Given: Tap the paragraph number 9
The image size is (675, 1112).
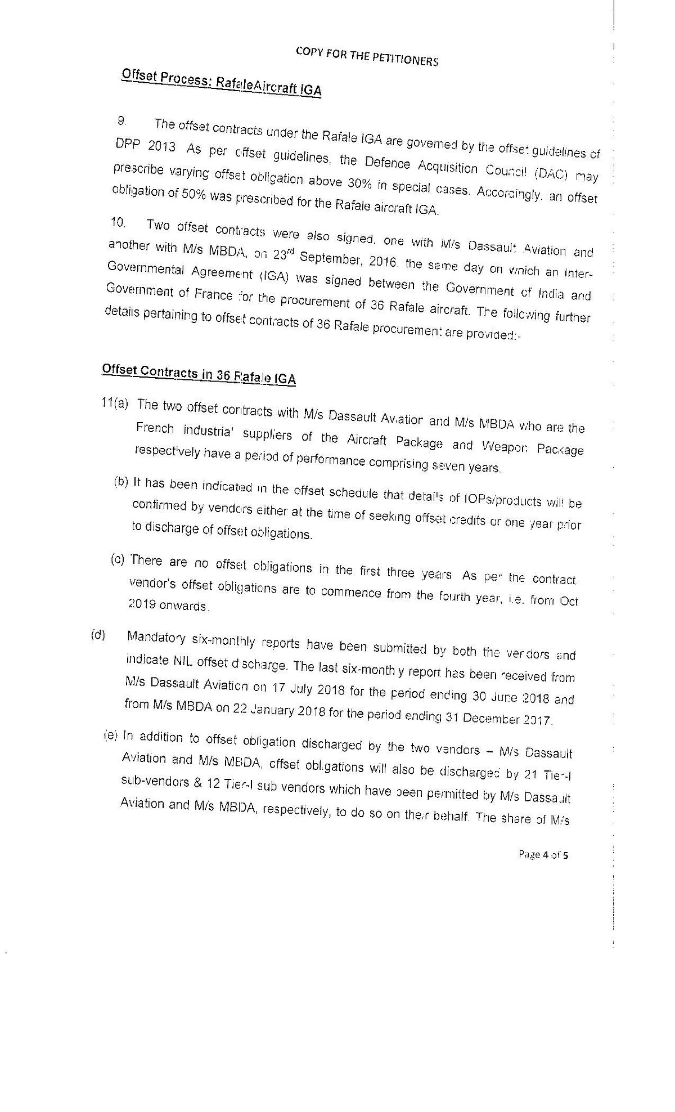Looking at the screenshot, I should (122, 120).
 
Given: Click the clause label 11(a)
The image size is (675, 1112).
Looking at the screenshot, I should (115, 403).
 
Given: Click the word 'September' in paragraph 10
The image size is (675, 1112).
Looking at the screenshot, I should (331, 258).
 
